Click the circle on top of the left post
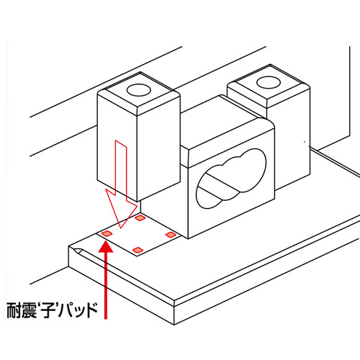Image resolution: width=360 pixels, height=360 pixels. [x=138, y=90]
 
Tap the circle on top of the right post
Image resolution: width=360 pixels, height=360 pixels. [x=269, y=82]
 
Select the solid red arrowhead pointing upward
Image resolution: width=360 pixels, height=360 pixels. [x=106, y=247]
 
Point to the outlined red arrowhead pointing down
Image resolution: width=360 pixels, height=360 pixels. [x=122, y=208]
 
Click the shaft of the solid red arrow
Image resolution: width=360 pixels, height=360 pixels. [x=106, y=286]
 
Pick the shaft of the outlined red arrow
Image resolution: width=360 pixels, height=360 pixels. [x=121, y=168]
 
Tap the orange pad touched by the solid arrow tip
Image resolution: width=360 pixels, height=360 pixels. [x=107, y=233]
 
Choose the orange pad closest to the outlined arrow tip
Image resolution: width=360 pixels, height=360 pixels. [x=140, y=218]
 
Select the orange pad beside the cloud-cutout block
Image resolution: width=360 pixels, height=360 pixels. [x=171, y=235]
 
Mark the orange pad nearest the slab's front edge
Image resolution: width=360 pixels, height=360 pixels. [x=138, y=251]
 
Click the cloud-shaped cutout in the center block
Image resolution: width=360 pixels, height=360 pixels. [x=231, y=179]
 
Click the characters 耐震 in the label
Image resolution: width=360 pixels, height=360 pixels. [x=22, y=310]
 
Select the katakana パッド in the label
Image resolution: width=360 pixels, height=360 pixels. [x=78, y=310]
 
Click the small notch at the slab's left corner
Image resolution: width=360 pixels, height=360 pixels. [x=77, y=251]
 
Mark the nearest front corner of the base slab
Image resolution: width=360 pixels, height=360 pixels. [x=174, y=306]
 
